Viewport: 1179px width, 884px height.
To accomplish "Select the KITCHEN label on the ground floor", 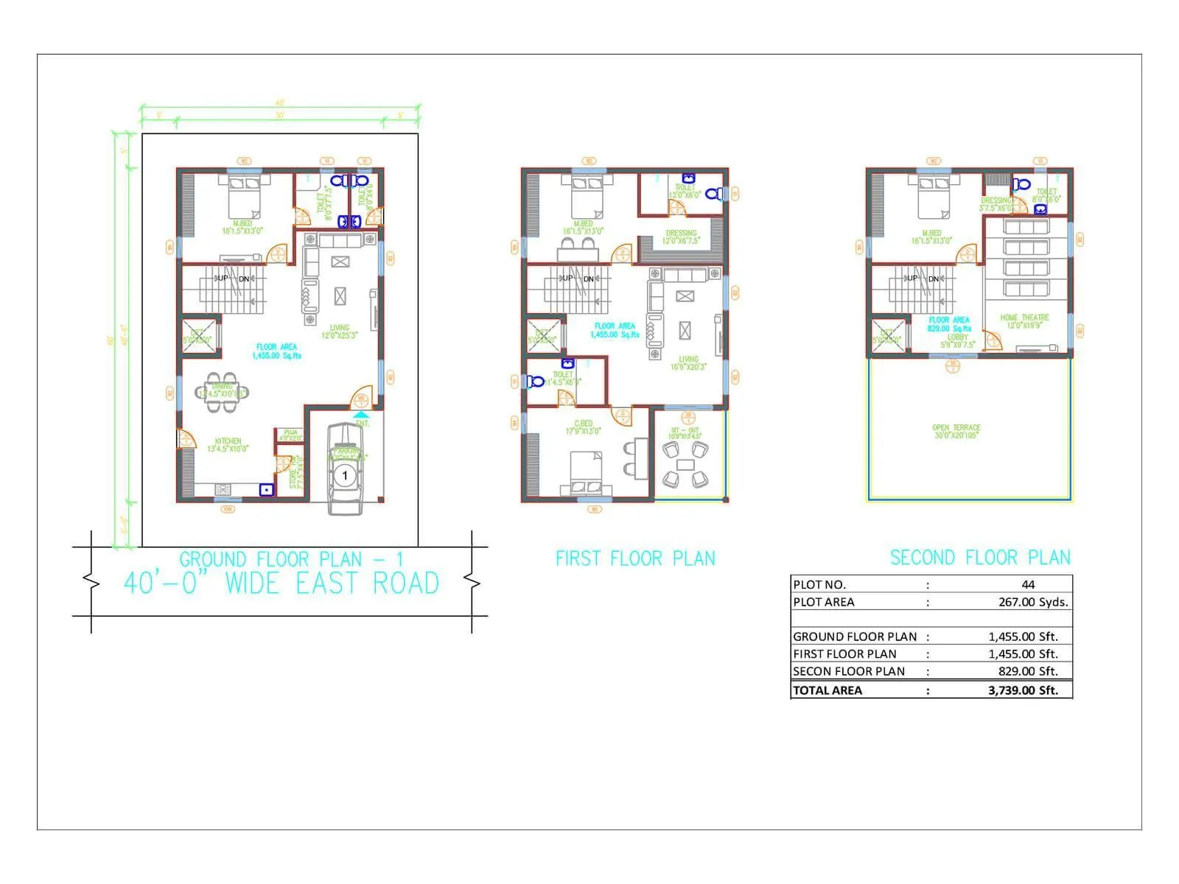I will coord(228,441).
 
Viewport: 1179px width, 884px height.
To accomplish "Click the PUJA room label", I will coord(290,432).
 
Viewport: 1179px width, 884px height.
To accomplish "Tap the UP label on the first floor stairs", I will coord(567,278).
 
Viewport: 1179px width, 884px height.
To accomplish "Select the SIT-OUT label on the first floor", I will coord(685,430).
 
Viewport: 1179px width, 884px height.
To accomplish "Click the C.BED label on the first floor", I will coord(583,424).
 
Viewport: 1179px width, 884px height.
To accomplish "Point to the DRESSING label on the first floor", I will coord(680,233).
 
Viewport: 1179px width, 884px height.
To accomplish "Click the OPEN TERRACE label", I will coord(956,427).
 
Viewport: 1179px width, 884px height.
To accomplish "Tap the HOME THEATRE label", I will coord(1024,318).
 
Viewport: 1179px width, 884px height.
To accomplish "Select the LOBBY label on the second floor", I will coord(958,337).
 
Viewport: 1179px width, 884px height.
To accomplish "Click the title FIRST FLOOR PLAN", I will coord(635,558).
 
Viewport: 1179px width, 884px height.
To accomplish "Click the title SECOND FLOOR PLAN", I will coord(980,558).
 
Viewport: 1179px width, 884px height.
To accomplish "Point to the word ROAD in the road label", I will coord(405,583).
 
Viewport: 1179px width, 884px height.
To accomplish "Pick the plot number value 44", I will coord(1028,584).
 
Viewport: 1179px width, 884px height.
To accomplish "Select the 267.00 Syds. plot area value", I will coord(1033,602).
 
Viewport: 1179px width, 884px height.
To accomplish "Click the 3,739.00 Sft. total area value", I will coord(1023,690).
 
